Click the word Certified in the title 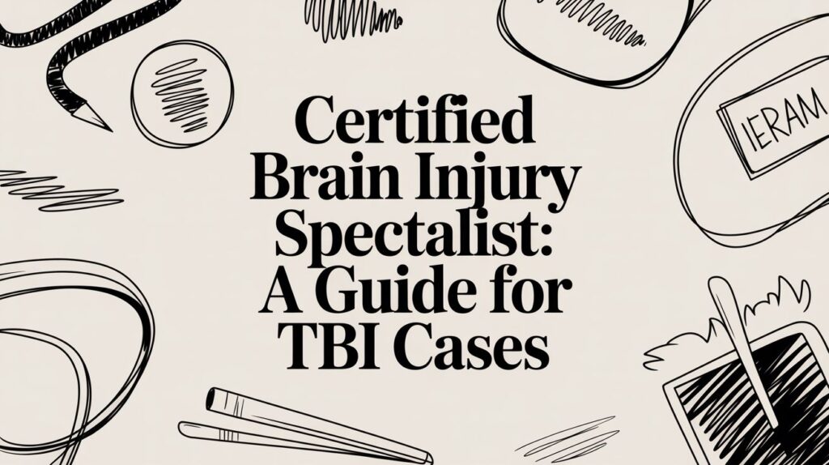click(x=414, y=122)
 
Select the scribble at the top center click(x=354, y=15)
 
